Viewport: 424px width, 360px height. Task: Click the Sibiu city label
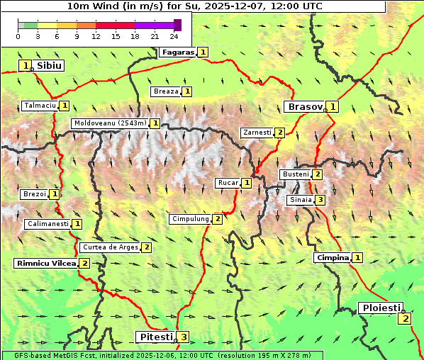pos(49,65)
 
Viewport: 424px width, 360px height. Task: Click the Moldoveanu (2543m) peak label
pos(110,123)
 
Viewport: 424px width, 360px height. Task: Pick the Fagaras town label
pos(177,52)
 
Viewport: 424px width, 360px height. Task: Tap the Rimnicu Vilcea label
pos(45,263)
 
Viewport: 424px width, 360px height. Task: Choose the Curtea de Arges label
pos(110,247)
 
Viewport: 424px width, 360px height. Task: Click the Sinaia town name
pos(299,200)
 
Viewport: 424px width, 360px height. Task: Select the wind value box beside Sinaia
pos(320,200)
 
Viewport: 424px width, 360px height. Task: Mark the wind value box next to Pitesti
pos(184,337)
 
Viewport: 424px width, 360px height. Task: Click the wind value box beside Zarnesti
pos(280,133)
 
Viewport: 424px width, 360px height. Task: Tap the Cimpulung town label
pos(190,219)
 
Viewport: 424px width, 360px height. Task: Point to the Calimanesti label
pos(48,224)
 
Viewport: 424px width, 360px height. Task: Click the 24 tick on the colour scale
pos(174,36)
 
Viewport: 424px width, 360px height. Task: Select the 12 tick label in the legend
pos(96,36)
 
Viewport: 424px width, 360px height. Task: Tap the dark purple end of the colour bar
pos(177,25)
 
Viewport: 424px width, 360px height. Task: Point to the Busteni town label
pos(295,174)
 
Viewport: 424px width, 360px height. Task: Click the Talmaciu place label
pos(40,106)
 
